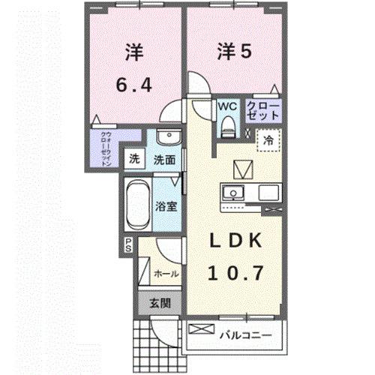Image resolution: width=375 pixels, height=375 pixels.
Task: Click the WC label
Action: pos(227,106)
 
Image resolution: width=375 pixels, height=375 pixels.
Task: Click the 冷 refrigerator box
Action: pos(268,139)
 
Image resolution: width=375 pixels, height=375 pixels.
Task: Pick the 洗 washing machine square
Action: pos(133,159)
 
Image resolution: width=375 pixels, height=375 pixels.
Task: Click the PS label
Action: pos(129,244)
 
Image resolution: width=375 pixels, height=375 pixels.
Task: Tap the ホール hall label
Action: pos(165,274)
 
